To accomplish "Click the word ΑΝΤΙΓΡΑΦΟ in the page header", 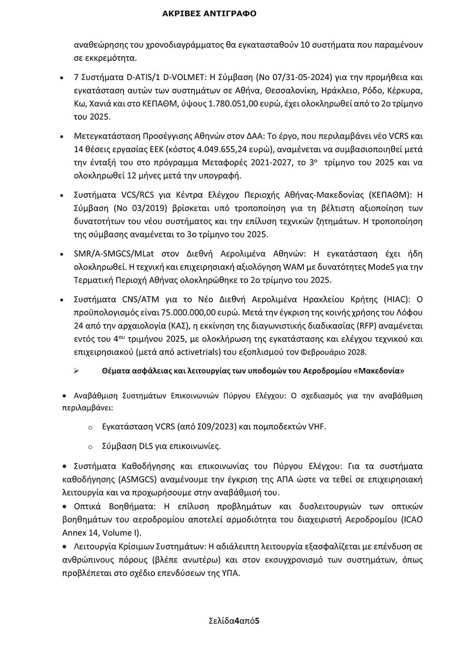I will coord(230,14).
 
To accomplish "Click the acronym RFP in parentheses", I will coord(369,326).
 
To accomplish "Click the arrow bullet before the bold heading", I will coord(76,371).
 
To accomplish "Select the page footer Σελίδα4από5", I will coord(234,621).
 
